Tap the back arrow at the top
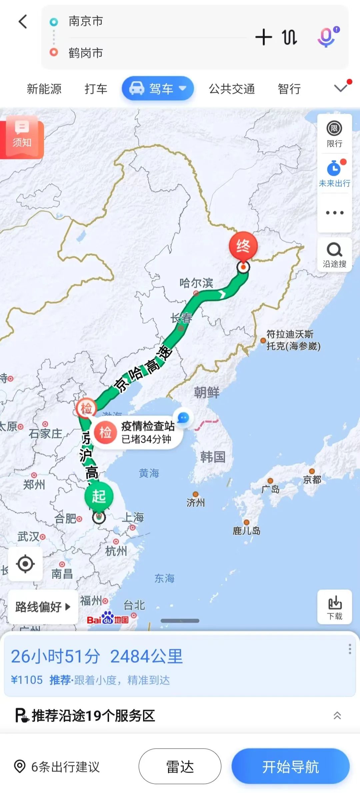tap(23, 22)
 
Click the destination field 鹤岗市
tap(86, 53)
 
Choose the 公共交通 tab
tap(232, 89)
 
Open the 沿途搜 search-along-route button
tap(334, 255)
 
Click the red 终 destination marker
tap(243, 246)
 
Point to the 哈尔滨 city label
tap(196, 283)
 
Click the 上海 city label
tap(133, 517)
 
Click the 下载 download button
tap(334, 607)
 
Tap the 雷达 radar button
tap(180, 766)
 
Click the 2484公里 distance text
tap(146, 656)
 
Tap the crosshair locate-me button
tap(25, 564)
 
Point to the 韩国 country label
tap(213, 457)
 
